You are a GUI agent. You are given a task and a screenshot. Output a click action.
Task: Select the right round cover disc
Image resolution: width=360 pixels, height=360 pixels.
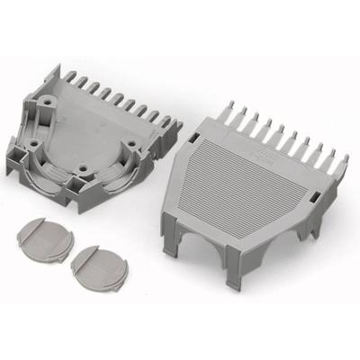tap(98, 265)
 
